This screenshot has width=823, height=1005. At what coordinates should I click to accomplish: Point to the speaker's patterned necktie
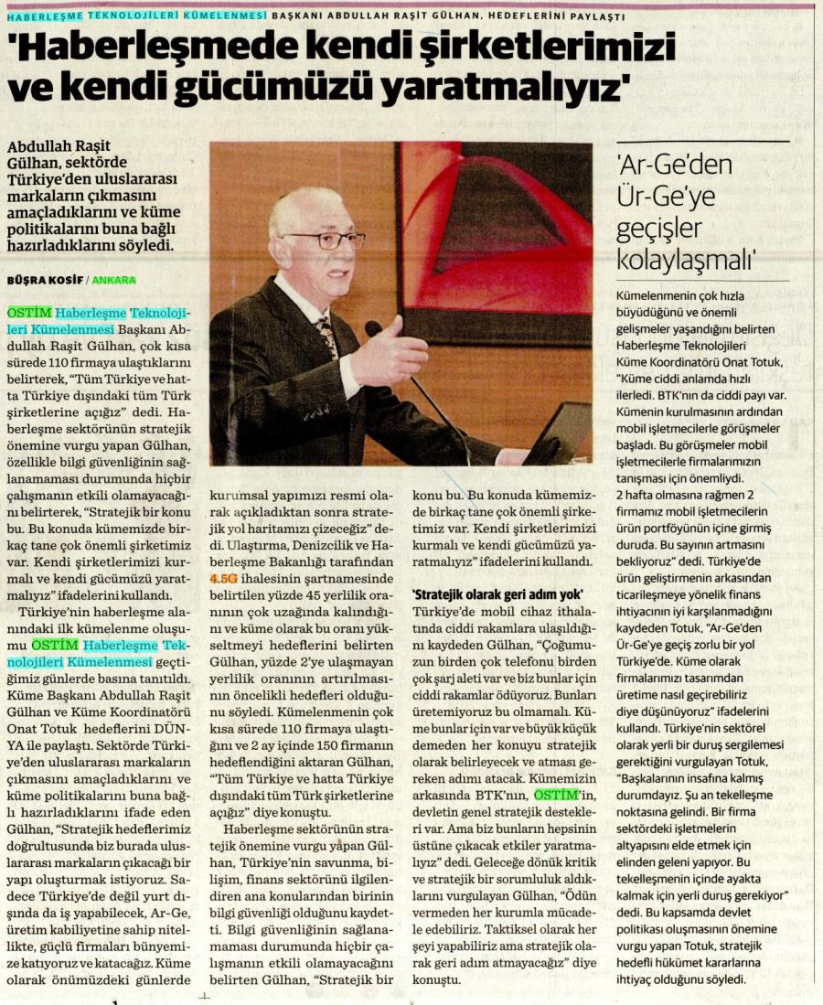pyautogui.click(x=326, y=335)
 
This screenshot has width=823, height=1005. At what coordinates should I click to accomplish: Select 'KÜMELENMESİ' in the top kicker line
pyautogui.click(x=223, y=16)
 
